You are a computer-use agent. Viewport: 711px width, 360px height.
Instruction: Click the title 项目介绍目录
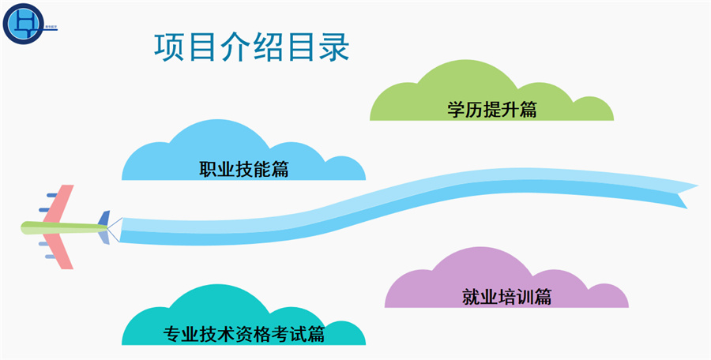click(250, 47)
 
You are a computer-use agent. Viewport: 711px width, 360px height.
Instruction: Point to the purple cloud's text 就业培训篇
click(506, 296)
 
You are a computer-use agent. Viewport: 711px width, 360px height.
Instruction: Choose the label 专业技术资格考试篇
click(244, 334)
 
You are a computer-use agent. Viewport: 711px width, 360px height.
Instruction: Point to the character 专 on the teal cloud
click(171, 334)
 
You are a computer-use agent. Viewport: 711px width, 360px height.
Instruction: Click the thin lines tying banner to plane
click(114, 228)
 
